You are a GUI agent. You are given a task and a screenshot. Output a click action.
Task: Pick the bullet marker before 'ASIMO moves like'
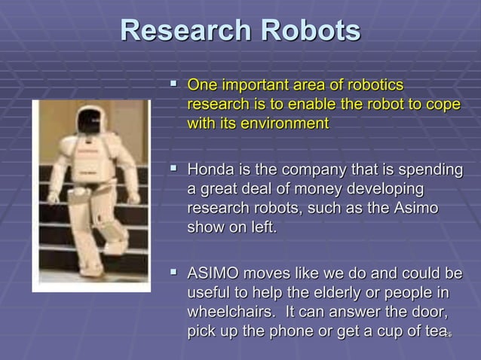(x=170, y=273)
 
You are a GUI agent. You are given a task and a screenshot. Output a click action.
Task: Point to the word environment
(x=284, y=123)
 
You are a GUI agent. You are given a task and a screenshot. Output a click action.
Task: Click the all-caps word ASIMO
(x=213, y=273)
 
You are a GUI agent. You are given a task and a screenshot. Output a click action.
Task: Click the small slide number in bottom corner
(x=448, y=334)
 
